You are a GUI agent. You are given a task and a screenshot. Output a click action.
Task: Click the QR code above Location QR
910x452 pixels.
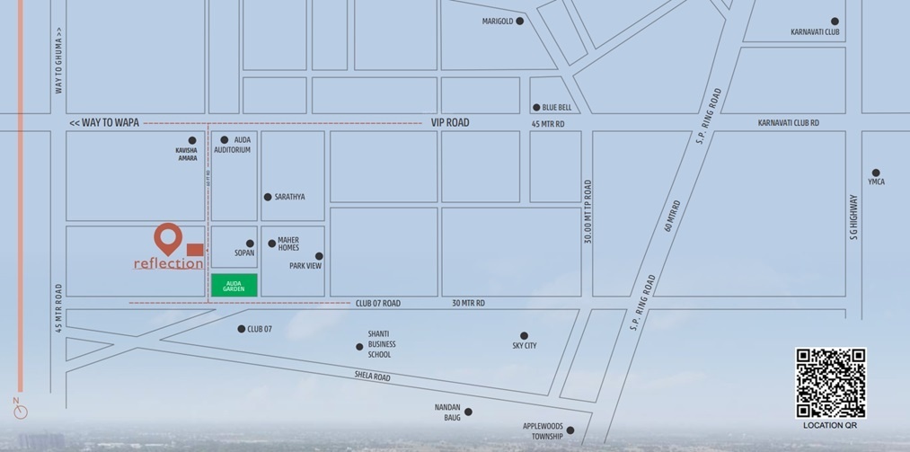click(830, 383)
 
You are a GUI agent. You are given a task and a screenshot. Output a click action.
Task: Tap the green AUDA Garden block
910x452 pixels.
click(234, 285)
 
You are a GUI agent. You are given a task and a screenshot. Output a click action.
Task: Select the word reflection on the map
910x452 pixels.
click(168, 263)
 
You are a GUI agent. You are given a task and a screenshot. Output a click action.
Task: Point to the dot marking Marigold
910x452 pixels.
click(519, 21)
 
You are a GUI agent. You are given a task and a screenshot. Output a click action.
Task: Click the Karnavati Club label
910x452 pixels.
click(815, 32)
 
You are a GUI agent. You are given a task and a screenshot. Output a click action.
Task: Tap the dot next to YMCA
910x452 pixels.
click(876, 173)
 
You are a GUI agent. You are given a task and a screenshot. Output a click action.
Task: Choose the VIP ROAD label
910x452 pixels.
click(450, 122)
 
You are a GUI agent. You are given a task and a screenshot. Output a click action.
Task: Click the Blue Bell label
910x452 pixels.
click(557, 108)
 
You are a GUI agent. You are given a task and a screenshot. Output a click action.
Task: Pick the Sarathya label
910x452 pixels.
click(290, 197)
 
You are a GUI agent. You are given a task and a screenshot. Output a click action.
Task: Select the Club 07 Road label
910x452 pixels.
click(377, 304)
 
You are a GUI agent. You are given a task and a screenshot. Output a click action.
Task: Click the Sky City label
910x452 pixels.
click(525, 346)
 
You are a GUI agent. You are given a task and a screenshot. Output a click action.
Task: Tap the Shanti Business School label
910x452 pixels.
click(381, 344)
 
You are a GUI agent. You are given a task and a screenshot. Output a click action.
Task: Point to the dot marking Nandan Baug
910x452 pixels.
click(468, 412)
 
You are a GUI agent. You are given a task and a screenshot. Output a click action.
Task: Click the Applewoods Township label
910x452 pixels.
click(543, 431)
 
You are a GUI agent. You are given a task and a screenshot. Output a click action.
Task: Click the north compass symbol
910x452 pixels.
click(20, 411)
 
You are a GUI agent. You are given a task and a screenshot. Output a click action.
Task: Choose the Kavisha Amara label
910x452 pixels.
click(186, 154)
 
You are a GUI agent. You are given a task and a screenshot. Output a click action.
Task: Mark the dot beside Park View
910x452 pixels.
click(319, 256)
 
